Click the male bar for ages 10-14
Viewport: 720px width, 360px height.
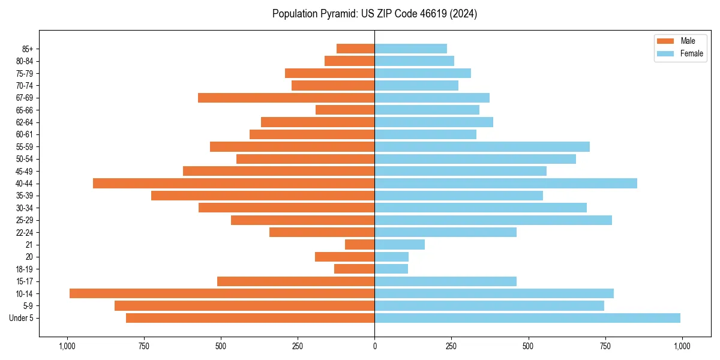tap(222, 293)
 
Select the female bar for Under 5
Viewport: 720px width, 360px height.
tap(527, 318)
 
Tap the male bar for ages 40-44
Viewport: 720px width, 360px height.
tap(234, 183)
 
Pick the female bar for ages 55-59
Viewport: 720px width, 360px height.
tap(482, 146)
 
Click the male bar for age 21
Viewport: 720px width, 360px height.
tap(360, 244)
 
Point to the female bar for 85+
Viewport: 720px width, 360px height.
tap(410, 49)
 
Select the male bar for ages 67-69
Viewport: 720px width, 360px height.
tap(286, 98)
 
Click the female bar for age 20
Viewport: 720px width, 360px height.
tap(391, 257)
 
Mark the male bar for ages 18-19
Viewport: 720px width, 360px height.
tap(355, 269)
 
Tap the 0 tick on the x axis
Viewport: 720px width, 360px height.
tap(374, 346)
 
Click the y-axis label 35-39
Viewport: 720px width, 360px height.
tap(25, 196)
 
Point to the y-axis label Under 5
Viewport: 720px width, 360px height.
tap(22, 318)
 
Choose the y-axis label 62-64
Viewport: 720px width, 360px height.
tap(25, 122)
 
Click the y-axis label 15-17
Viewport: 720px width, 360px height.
tap(25, 281)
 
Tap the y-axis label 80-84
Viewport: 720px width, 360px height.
tap(25, 61)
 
